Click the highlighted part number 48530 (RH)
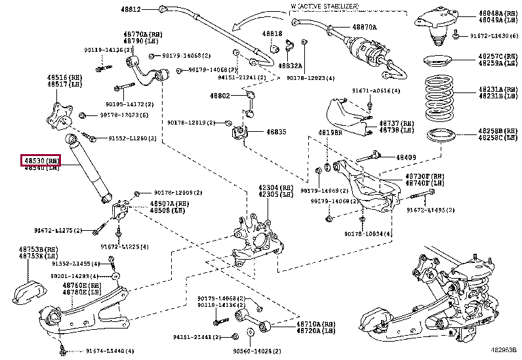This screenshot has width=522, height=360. [43, 161]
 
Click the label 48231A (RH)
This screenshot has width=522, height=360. [498, 89]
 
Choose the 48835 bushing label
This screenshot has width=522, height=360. [276, 132]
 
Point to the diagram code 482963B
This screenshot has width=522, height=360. [504, 351]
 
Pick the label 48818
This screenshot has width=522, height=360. [273, 33]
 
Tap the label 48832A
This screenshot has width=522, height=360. [290, 66]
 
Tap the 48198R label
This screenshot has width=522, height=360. [331, 132]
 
